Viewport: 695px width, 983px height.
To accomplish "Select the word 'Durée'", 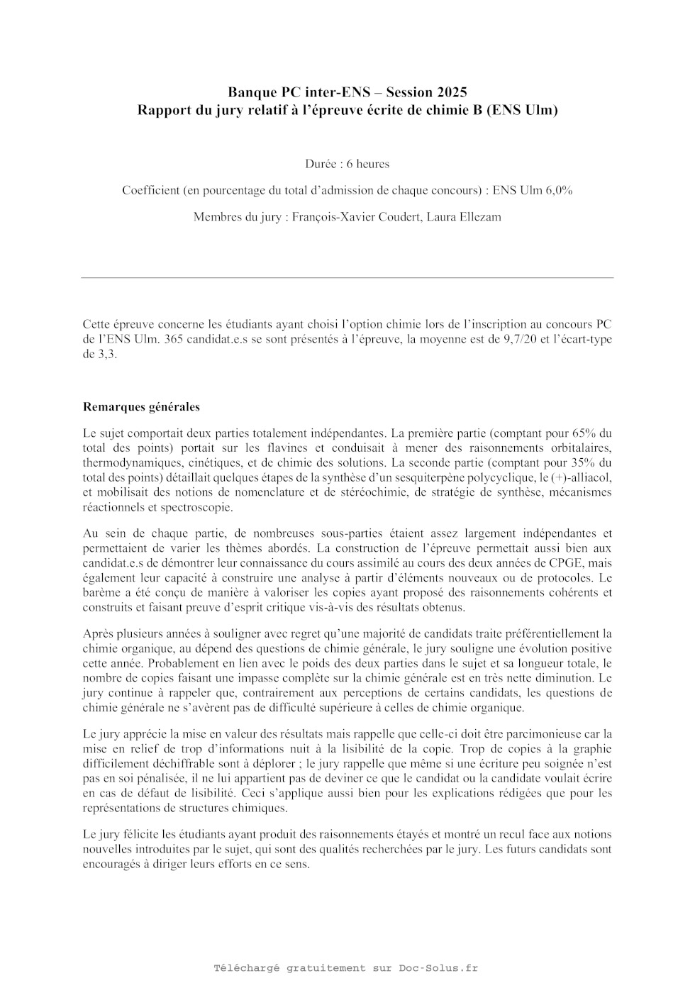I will (320, 165).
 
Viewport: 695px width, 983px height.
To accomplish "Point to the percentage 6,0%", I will (558, 191).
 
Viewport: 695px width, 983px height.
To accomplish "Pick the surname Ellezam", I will (479, 217).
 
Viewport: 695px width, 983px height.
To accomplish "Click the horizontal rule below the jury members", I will (347, 277).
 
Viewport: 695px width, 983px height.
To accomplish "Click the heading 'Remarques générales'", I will (141, 407).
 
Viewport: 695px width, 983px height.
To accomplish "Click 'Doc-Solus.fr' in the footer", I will (438, 968).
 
